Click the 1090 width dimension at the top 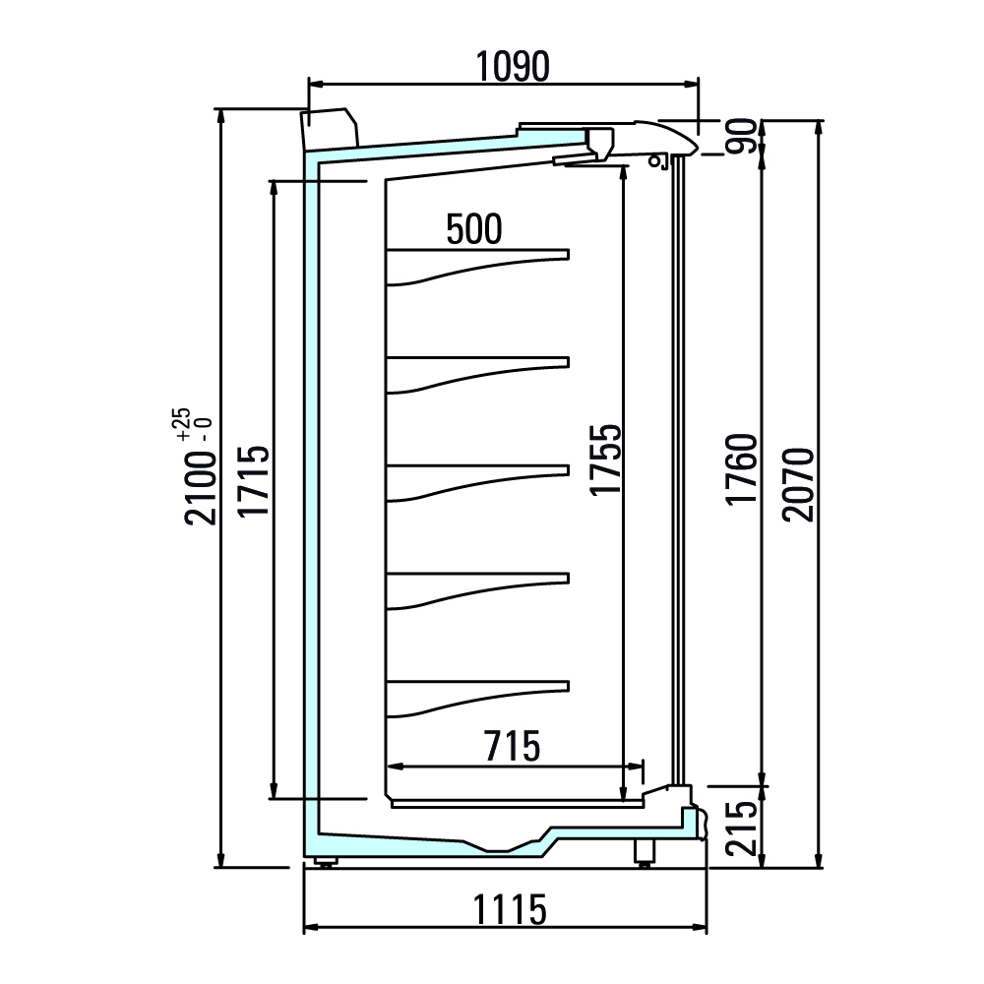coord(513,67)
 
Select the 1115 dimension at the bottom coord(509,910)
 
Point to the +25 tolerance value coord(182,425)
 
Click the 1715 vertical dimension coord(254,481)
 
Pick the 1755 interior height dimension coord(605,460)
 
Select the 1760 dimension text coord(742,468)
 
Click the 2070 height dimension coord(798,484)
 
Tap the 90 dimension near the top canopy coord(742,136)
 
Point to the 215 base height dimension coord(742,828)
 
